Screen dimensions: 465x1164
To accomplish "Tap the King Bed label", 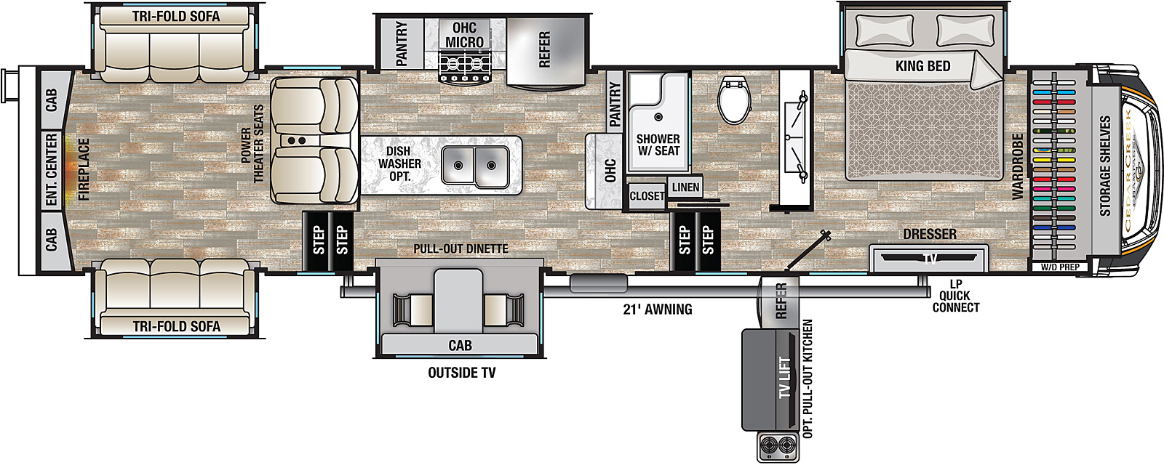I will [x=922, y=66].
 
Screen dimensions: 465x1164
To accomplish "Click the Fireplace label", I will [x=84, y=169].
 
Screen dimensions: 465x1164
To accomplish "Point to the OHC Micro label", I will [x=464, y=35].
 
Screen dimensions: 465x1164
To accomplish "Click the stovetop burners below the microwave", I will [x=464, y=65].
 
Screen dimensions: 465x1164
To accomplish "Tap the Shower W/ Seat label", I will [x=658, y=145].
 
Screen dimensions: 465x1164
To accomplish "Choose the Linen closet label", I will [x=685, y=187].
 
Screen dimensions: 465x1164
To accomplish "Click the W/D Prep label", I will [x=1059, y=267].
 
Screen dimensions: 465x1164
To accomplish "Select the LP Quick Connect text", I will [x=955, y=296].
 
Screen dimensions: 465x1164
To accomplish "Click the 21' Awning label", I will [x=658, y=309].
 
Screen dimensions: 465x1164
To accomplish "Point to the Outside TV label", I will [x=461, y=373].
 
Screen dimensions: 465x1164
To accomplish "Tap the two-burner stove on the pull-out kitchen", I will [x=778, y=445].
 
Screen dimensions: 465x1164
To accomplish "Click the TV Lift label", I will [x=785, y=377].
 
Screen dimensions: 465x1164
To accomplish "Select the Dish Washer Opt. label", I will [x=399, y=163].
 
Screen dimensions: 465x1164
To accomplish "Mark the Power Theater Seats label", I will [x=251, y=144].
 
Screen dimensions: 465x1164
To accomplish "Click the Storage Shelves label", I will [x=1106, y=166].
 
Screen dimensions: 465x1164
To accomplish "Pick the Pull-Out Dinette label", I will [x=461, y=248].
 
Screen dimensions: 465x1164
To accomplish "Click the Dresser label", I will [x=929, y=234].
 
